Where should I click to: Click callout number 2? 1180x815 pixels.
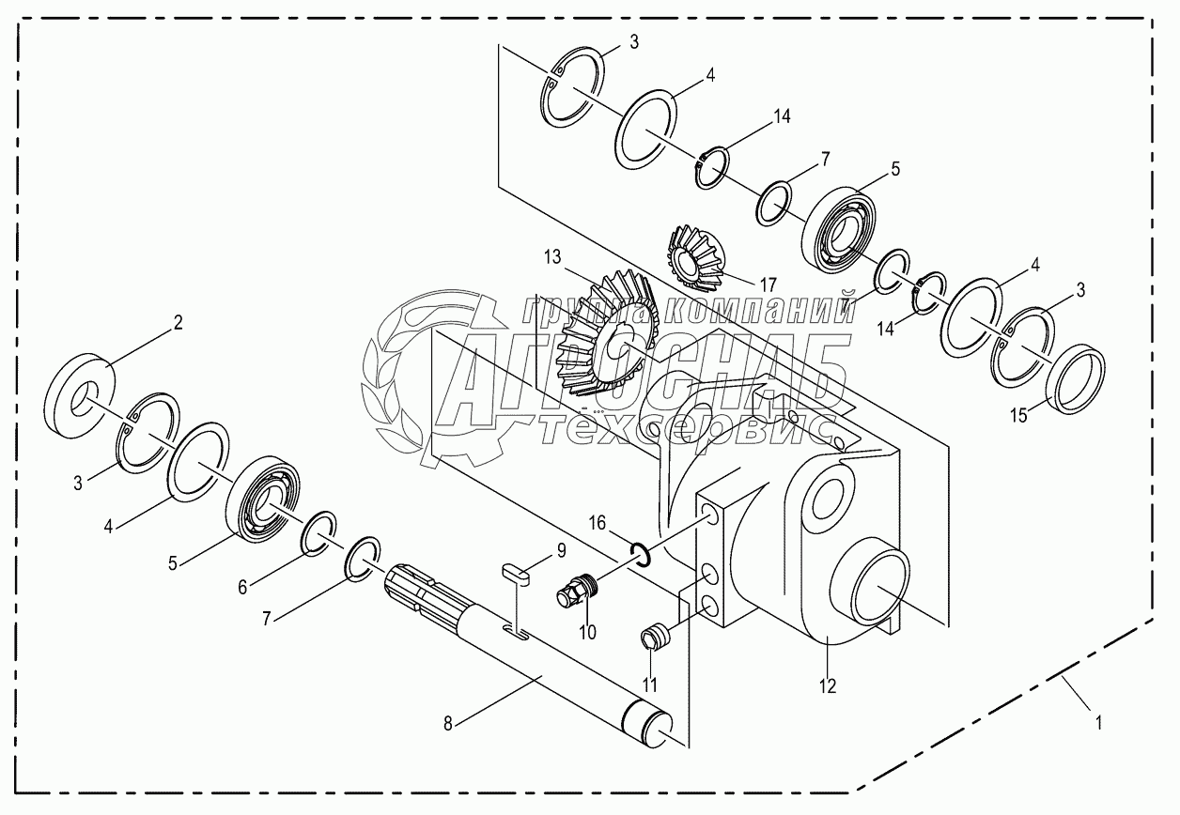(177, 323)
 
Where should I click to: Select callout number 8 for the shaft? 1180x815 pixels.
(448, 723)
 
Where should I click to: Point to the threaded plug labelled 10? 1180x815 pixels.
(574, 593)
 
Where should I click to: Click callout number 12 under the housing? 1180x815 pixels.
(827, 685)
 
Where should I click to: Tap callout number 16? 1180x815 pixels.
(599, 521)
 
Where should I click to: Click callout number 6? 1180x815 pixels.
(241, 586)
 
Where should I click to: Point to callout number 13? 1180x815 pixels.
(551, 256)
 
